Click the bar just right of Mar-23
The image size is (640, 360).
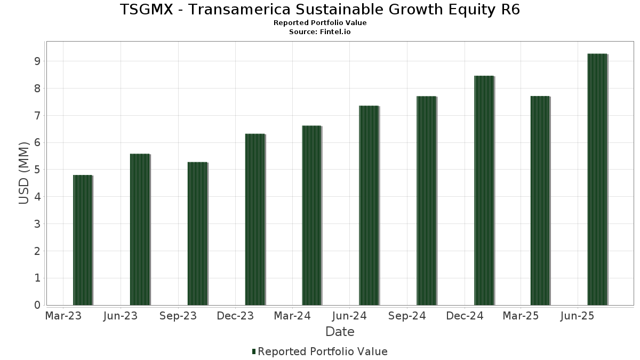pyautogui.click(x=83, y=240)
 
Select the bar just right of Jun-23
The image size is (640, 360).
pyautogui.click(x=140, y=229)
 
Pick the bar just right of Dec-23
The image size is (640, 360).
pyautogui.click(x=254, y=219)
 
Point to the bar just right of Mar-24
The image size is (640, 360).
pyautogui.click(x=311, y=215)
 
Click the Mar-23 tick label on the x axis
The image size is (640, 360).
pyautogui.click(x=63, y=316)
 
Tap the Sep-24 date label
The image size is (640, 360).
pyautogui.click(x=407, y=316)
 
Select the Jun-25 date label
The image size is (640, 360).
pyautogui.click(x=578, y=316)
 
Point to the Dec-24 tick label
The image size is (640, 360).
pyautogui.click(x=465, y=316)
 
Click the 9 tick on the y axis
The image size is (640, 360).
pyautogui.click(x=37, y=61)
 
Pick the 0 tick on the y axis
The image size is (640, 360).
pyautogui.click(x=37, y=305)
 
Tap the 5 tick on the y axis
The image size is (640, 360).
pyautogui.click(x=37, y=170)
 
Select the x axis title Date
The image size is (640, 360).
pyautogui.click(x=340, y=332)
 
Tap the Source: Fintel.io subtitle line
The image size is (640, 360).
pyautogui.click(x=320, y=32)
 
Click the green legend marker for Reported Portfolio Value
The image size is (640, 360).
pyautogui.click(x=254, y=351)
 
